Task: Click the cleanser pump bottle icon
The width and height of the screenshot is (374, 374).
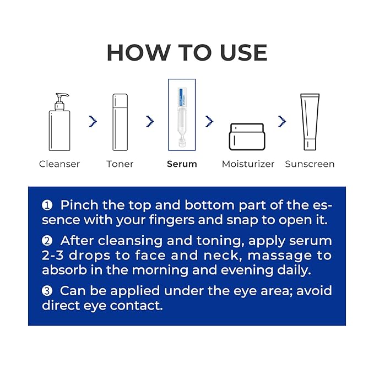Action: click(59, 122)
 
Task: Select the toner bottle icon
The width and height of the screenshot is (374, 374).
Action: click(120, 122)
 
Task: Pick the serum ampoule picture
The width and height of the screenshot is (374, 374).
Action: click(182, 115)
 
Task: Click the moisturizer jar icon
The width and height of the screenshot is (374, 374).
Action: click(247, 137)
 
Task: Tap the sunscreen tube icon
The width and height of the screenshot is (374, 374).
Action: click(310, 122)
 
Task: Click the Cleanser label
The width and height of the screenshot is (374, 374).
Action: click(59, 164)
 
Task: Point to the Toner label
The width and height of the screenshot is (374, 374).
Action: click(120, 164)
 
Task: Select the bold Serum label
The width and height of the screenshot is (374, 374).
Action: click(182, 164)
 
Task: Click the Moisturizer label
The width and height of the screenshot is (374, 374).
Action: click(248, 164)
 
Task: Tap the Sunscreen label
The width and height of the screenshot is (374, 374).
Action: click(310, 164)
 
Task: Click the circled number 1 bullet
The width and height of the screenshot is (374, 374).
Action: click(47, 205)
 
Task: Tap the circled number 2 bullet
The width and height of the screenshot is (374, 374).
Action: click(47, 241)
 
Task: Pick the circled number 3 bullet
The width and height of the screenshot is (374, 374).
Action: click(47, 291)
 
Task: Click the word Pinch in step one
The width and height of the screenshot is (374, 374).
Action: click(79, 205)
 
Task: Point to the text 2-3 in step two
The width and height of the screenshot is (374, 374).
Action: click(53, 256)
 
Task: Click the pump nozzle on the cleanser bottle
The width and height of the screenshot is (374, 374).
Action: click(62, 95)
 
